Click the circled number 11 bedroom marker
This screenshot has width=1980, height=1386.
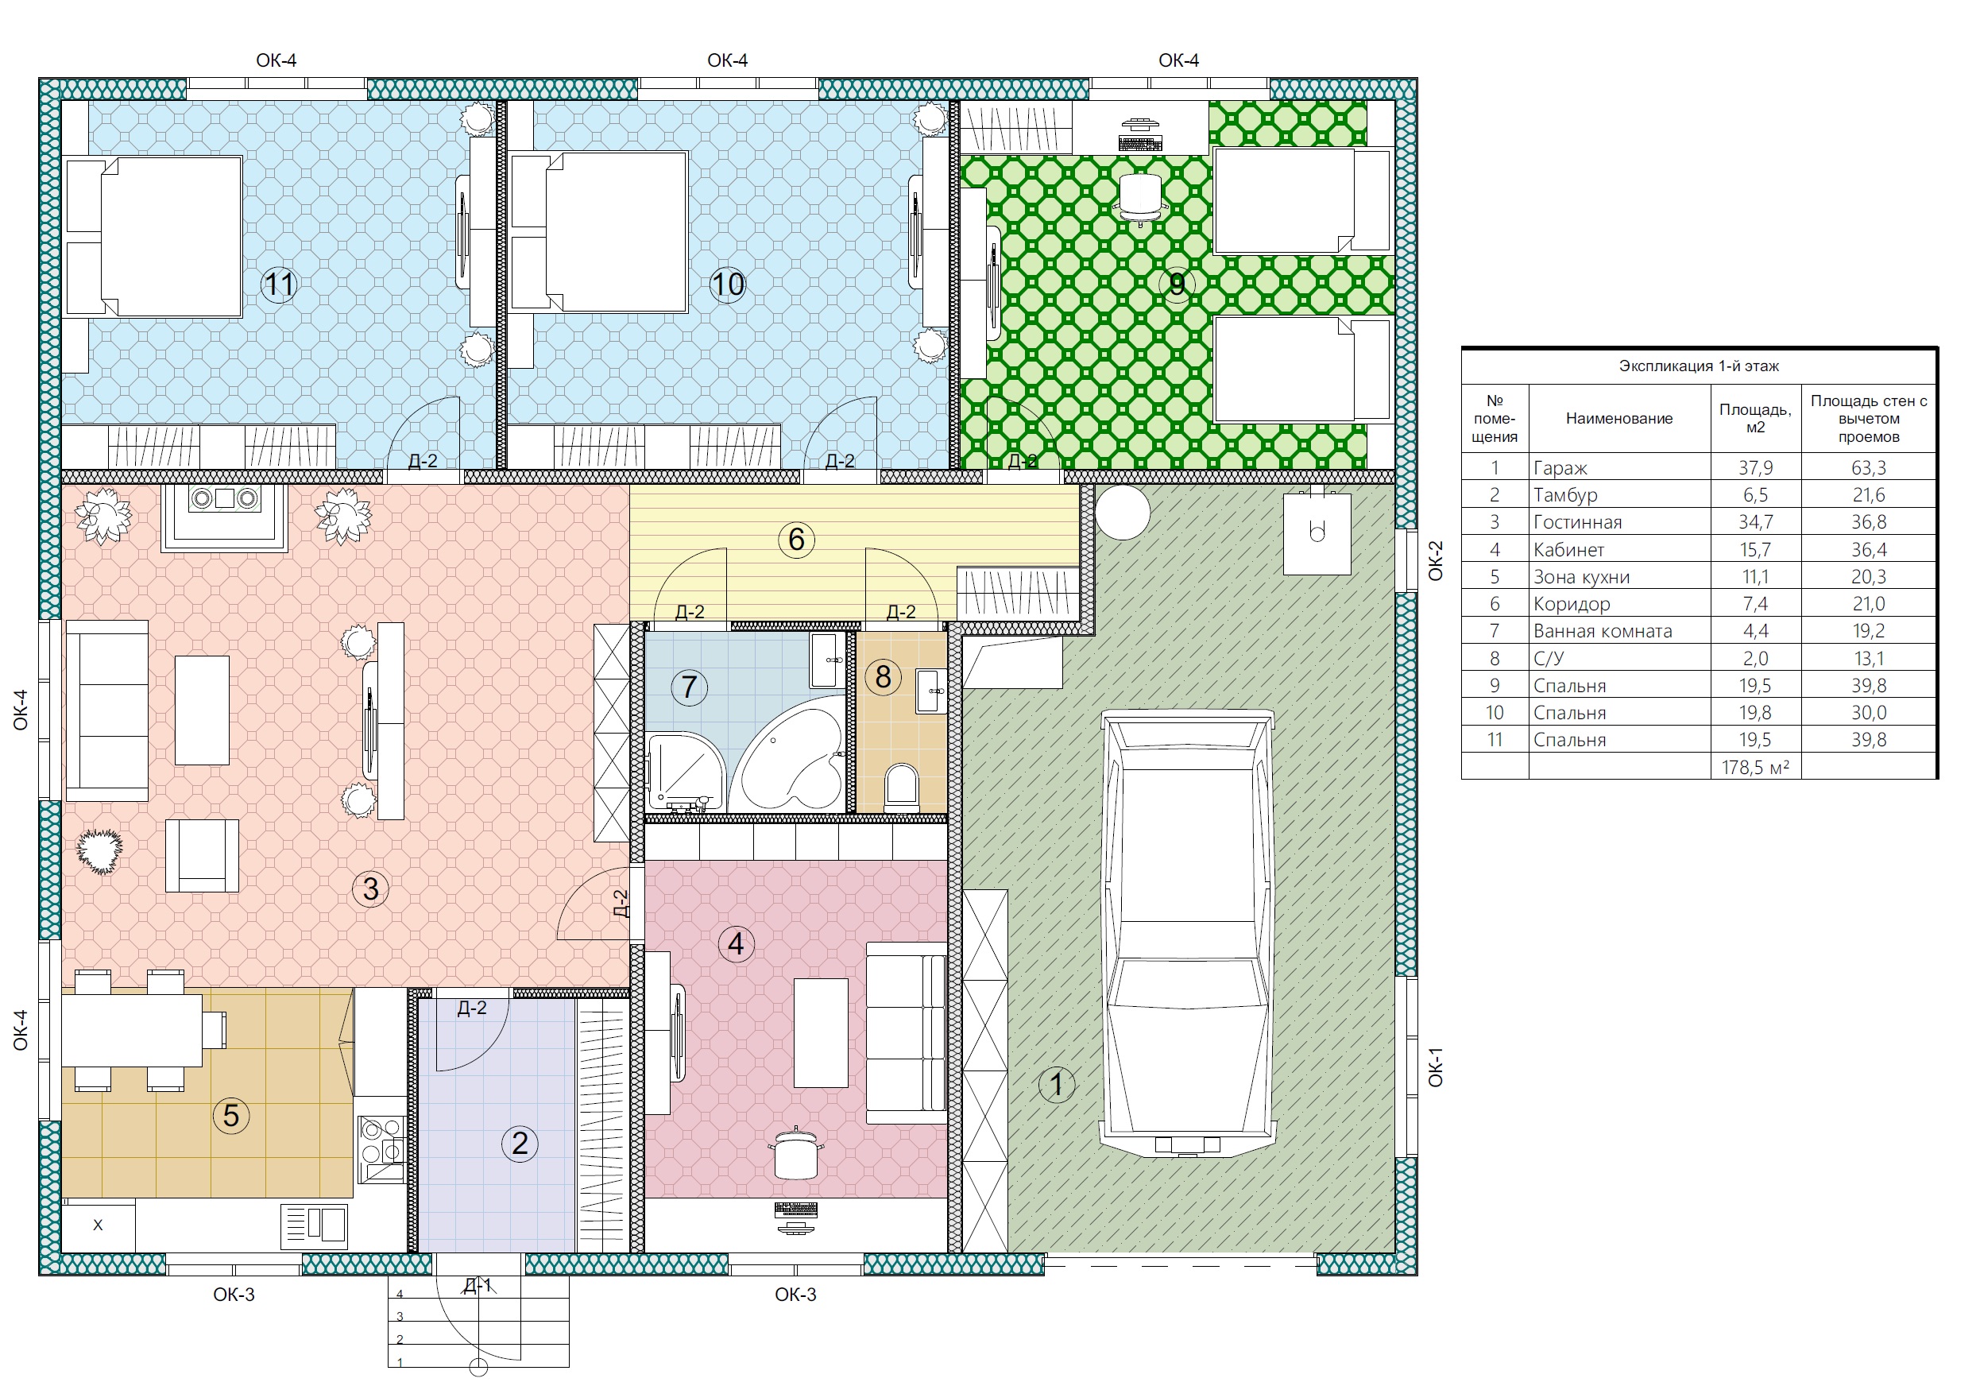point(279,285)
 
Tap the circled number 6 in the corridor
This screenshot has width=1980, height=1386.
point(796,540)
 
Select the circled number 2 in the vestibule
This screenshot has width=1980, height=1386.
point(519,1144)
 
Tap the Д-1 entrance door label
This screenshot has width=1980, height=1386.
point(478,1285)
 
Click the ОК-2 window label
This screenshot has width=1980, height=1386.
point(1435,560)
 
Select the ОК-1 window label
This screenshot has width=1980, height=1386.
point(1435,1067)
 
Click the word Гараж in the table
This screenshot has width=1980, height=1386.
point(1560,468)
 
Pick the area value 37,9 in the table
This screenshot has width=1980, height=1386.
point(1756,467)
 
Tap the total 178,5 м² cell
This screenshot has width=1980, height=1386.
point(1756,767)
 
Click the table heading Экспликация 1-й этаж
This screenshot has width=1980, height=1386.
point(1699,366)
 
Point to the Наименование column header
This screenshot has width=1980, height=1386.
point(1618,418)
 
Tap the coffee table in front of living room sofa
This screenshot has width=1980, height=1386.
point(202,710)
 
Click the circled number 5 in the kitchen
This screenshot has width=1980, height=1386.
point(230,1115)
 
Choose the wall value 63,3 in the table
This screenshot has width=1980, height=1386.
point(1869,467)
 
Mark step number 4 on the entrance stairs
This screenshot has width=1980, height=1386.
point(400,1294)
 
